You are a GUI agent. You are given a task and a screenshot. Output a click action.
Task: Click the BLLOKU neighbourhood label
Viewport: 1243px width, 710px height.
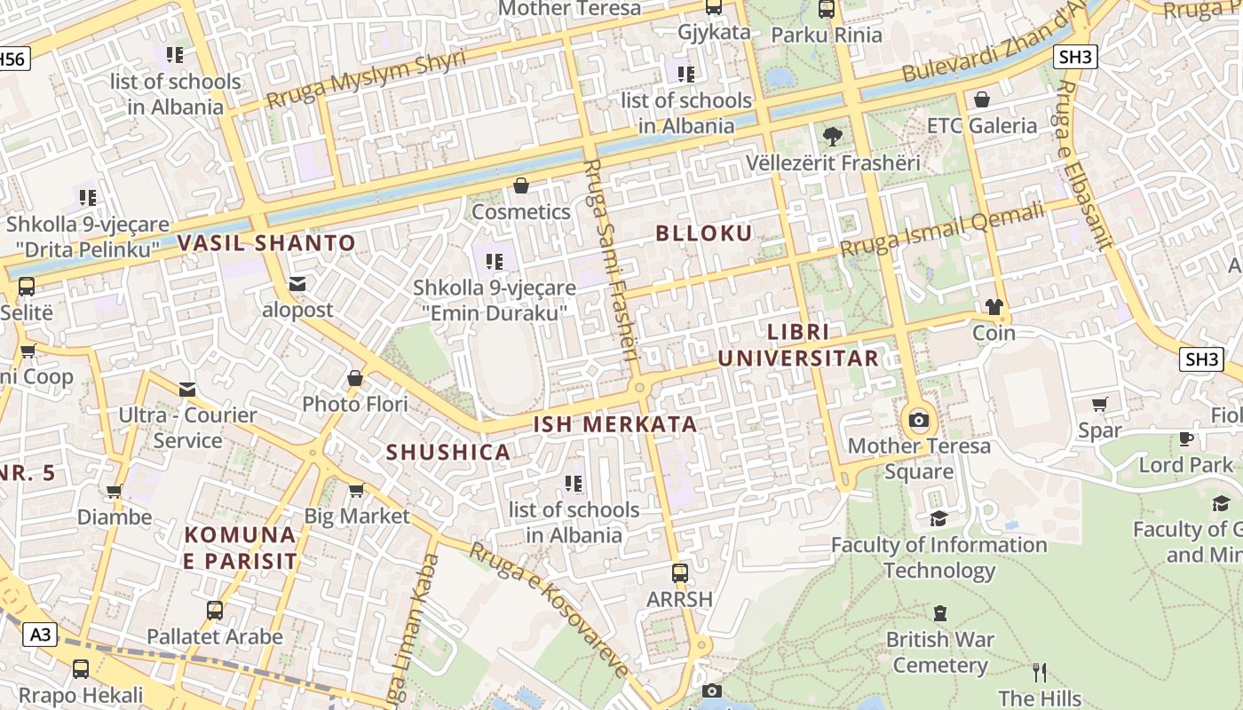(x=704, y=233)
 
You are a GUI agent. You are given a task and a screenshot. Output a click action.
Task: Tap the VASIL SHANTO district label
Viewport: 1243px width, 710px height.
(x=266, y=243)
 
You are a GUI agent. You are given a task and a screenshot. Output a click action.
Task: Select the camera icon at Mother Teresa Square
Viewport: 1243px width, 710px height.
(x=919, y=420)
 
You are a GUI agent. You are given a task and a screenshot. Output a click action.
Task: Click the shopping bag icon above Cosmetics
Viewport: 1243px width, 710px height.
(x=521, y=186)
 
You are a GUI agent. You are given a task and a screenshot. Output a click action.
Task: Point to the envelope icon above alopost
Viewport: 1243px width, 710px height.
(x=297, y=284)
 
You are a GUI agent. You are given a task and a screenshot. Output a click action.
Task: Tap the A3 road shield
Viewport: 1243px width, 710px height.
(x=41, y=635)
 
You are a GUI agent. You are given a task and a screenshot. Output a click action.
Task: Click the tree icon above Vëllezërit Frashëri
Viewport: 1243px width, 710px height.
(x=832, y=137)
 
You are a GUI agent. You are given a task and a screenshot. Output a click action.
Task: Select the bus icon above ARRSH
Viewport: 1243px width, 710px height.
(x=680, y=573)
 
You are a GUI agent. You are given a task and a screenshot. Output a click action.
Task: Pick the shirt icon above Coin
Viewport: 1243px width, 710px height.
(x=994, y=307)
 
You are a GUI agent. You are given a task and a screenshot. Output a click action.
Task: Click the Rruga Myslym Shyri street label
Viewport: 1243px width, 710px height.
(x=366, y=78)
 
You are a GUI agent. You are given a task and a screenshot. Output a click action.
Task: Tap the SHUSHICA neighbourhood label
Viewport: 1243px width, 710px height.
(x=448, y=453)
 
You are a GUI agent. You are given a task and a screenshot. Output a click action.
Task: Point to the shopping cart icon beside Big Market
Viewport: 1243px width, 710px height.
(x=357, y=490)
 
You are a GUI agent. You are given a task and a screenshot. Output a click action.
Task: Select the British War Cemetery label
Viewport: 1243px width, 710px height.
(x=940, y=652)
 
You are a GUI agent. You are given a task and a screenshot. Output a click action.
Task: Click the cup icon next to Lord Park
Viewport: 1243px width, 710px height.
(x=1185, y=438)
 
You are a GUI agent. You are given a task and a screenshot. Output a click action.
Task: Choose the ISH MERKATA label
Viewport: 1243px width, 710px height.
(x=615, y=424)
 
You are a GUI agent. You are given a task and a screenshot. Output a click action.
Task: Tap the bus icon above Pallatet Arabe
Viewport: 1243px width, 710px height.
(x=215, y=611)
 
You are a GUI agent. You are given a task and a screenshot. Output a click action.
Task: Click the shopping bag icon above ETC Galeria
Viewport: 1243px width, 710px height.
(x=982, y=99)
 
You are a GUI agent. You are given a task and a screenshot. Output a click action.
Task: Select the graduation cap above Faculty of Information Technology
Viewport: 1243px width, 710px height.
(x=938, y=518)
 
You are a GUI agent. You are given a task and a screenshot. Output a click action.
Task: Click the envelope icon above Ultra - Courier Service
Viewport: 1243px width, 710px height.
(x=187, y=389)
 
